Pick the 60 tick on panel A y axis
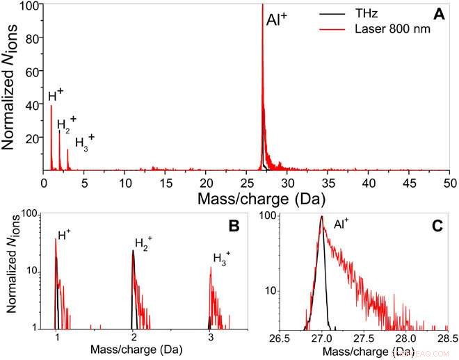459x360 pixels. [31, 71]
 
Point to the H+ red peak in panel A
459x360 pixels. [51, 106]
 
